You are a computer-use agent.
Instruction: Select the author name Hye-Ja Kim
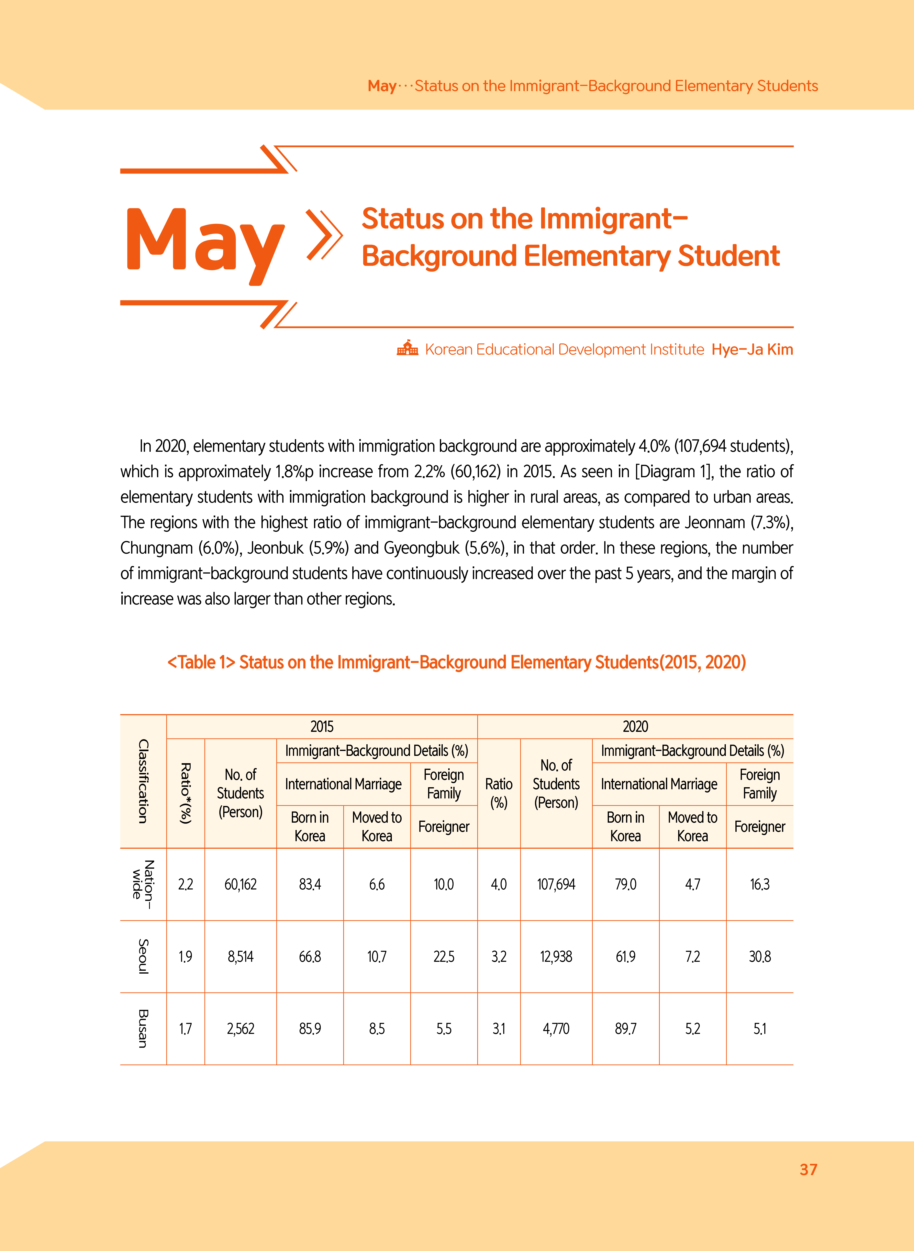(x=752, y=350)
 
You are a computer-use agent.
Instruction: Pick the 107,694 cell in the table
(x=556, y=884)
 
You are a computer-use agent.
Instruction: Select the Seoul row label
(x=143, y=956)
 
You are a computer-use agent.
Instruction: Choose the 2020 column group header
(x=635, y=727)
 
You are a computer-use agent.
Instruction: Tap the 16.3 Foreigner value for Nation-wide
(x=760, y=884)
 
